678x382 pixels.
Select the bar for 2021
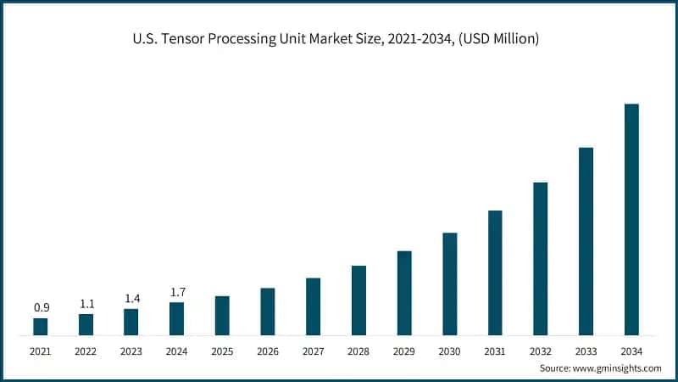pos(41,326)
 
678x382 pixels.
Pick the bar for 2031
pos(495,272)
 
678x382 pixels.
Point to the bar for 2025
pos(222,315)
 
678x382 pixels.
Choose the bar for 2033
pos(586,241)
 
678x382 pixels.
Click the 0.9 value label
pos(41,307)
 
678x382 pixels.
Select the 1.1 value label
pos(86,303)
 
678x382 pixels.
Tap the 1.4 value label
pos(131,298)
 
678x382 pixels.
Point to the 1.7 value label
pos(176,292)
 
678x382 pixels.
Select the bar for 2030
pos(449,284)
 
